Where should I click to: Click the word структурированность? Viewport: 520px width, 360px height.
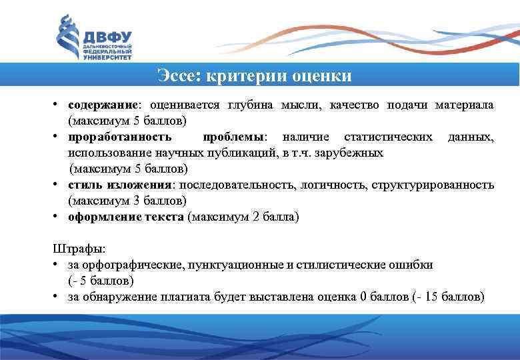point(433,185)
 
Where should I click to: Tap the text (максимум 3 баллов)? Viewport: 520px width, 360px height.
point(127,201)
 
